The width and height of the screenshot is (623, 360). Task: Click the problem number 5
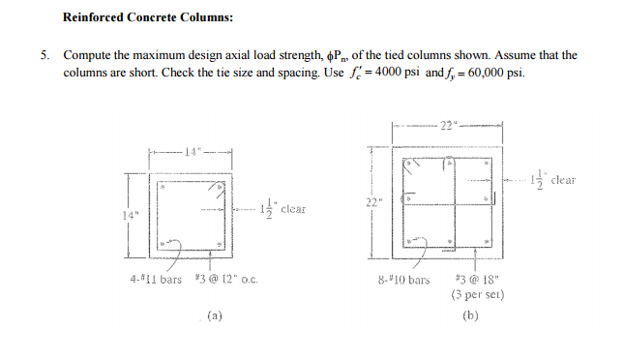(x=44, y=56)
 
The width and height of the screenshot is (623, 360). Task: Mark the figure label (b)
(x=471, y=315)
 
